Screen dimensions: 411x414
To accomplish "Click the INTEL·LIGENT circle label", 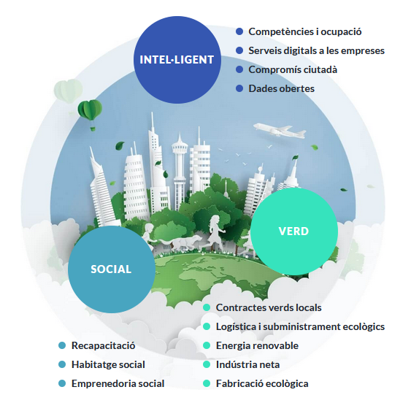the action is click(177, 60).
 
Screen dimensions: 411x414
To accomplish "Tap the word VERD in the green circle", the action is click(293, 231).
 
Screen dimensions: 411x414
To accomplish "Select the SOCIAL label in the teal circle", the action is click(111, 269).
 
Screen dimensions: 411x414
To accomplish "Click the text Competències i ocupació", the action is click(305, 31).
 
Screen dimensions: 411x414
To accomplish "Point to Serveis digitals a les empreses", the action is click(316, 50).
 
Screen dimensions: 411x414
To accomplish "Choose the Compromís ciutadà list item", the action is click(293, 69).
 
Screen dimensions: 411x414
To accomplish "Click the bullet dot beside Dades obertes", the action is click(239, 88).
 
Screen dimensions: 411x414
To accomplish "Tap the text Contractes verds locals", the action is click(269, 307).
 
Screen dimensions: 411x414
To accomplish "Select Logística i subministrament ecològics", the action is click(300, 327).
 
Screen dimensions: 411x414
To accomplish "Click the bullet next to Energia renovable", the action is click(207, 345).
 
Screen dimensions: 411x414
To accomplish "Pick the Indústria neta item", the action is click(247, 364).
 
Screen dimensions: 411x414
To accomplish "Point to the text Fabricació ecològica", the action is click(262, 383).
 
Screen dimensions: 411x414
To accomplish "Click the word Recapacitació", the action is click(103, 345).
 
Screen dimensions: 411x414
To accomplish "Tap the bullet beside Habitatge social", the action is click(62, 364).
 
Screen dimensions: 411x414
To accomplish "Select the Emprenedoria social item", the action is click(118, 383).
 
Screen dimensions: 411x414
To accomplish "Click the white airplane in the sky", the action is click(280, 131).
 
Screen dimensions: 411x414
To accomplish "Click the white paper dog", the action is click(181, 242).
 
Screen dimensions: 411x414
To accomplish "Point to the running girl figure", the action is click(215, 233).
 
